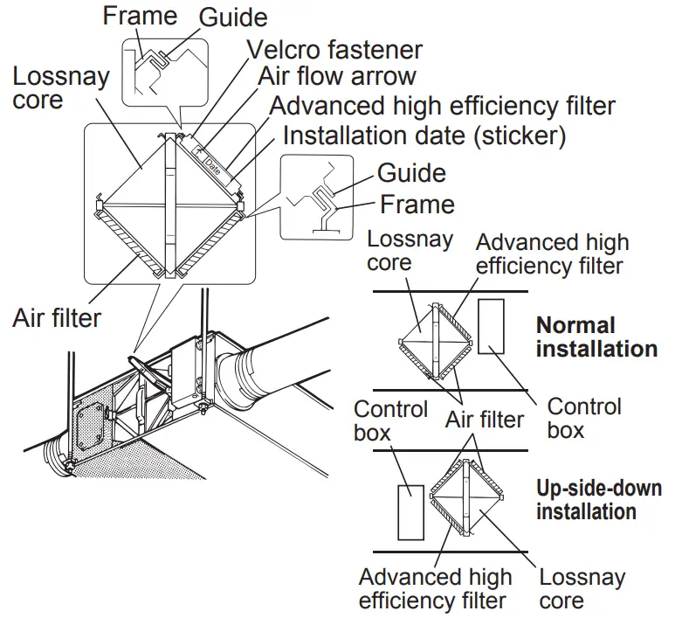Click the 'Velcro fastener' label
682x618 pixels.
click(x=335, y=49)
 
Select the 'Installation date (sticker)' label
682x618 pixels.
click(x=424, y=135)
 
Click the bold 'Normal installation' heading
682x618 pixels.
click(x=596, y=337)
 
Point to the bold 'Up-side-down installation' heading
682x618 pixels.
click(x=598, y=499)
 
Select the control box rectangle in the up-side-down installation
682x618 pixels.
click(x=410, y=511)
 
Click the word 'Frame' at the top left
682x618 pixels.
click(x=140, y=16)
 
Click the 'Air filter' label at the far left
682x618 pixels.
click(x=57, y=316)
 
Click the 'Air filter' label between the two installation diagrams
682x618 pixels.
click(x=484, y=420)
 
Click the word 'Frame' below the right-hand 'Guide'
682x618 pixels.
click(x=417, y=205)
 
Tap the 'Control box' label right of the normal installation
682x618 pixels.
click(x=584, y=418)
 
